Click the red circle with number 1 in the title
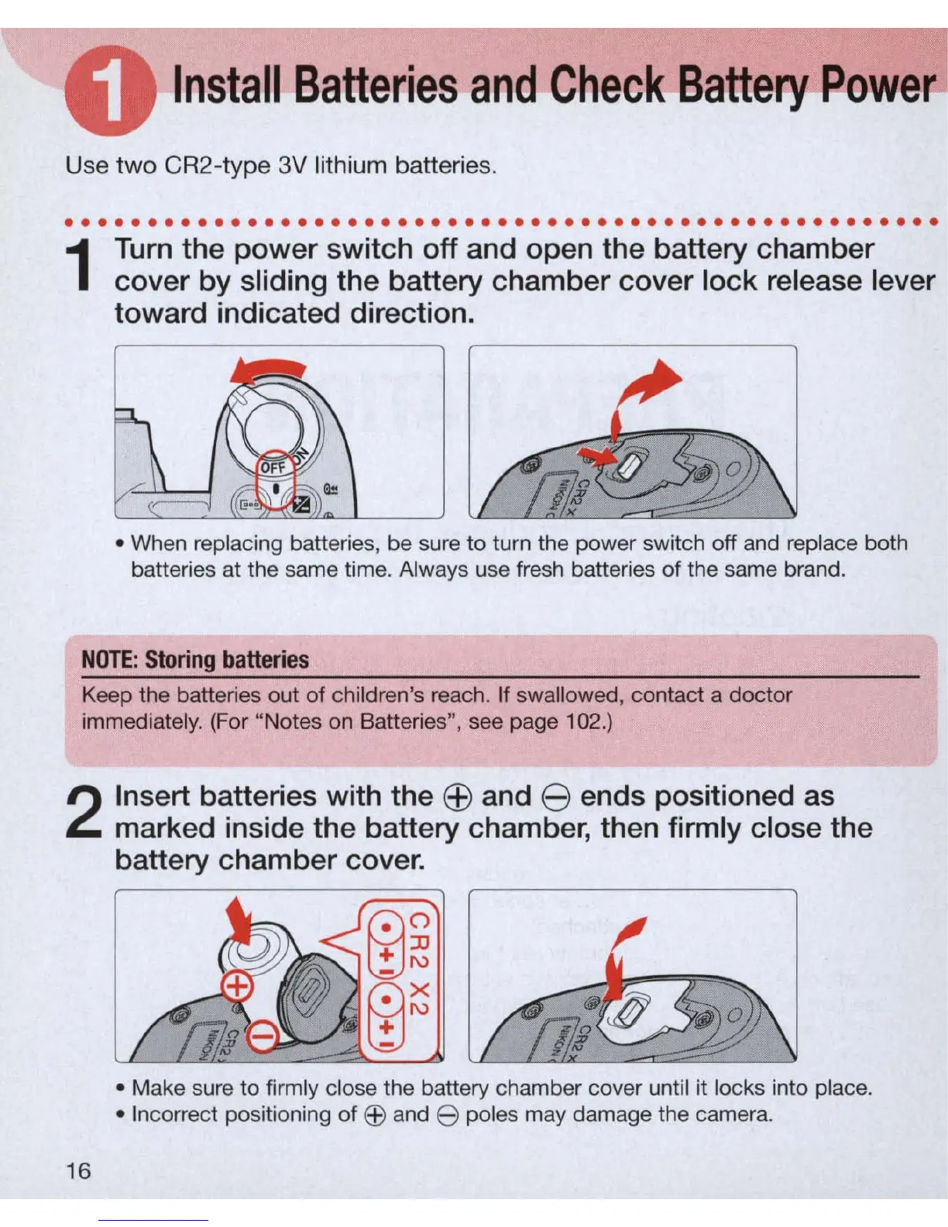point(110,91)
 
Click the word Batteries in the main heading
point(376,85)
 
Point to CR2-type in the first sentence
point(218,166)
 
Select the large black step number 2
point(84,813)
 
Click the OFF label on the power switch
point(273,468)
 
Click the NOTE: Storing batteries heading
point(195,659)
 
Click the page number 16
point(78,1170)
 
